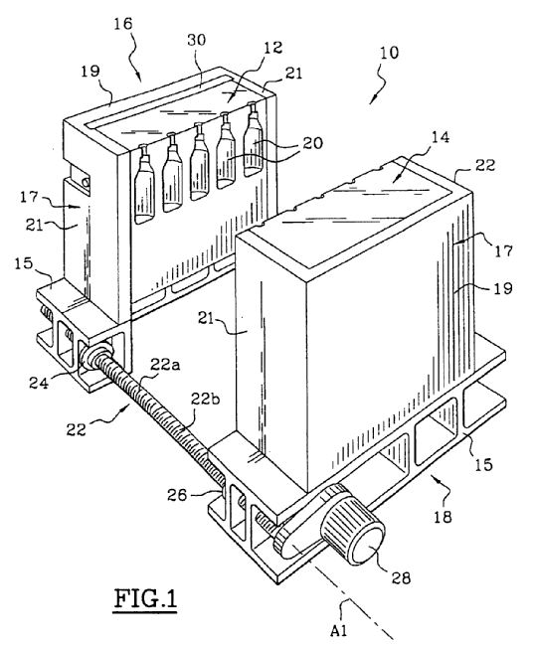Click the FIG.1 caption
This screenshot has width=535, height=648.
[x=145, y=599]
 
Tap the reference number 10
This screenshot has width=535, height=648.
[x=389, y=53]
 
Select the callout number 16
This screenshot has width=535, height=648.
[x=122, y=24]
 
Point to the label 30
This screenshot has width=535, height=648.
[x=196, y=40]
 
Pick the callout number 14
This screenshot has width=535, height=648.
[x=441, y=137]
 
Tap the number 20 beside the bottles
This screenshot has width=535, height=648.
[x=312, y=143]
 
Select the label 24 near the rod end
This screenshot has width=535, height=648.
[x=39, y=383]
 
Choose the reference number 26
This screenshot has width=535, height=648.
[x=177, y=494]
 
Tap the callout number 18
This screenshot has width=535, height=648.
[x=443, y=517]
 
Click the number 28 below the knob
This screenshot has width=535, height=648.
[x=401, y=577]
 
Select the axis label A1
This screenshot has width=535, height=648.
[x=339, y=631]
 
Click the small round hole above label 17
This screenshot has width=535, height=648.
[x=86, y=182]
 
